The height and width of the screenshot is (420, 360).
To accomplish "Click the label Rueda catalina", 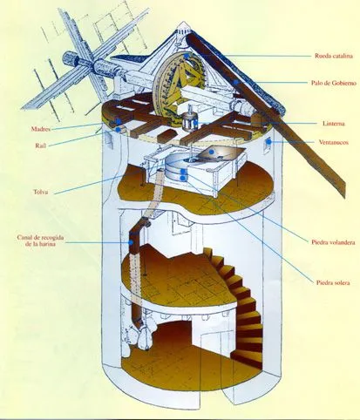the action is click(x=334, y=56).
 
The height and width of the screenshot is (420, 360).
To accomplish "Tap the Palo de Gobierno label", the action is click(x=333, y=83).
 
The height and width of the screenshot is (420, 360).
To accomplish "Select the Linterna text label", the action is click(x=334, y=124).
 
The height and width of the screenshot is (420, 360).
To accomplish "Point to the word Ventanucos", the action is click(x=333, y=142).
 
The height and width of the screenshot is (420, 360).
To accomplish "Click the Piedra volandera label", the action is click(x=333, y=242).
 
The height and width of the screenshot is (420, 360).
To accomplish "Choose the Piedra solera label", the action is click(x=333, y=282).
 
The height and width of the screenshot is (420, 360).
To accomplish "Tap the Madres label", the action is click(x=41, y=129).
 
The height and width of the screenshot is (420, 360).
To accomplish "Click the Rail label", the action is click(x=41, y=146).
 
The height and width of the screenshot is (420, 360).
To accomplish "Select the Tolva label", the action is click(x=40, y=192).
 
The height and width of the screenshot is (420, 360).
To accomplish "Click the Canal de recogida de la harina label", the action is click(x=40, y=240).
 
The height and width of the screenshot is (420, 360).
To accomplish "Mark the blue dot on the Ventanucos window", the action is click(x=269, y=142).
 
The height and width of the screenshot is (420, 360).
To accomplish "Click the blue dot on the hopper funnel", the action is click(x=212, y=152).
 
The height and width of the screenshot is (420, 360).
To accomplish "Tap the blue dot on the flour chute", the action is click(x=131, y=242).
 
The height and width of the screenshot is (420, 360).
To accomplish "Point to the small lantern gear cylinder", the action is click(x=189, y=122).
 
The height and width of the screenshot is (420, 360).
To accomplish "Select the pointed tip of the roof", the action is click(x=183, y=22).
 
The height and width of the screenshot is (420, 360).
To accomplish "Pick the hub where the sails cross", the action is click(x=93, y=63).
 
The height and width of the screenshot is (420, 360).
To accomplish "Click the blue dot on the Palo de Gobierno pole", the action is click(x=237, y=82).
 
